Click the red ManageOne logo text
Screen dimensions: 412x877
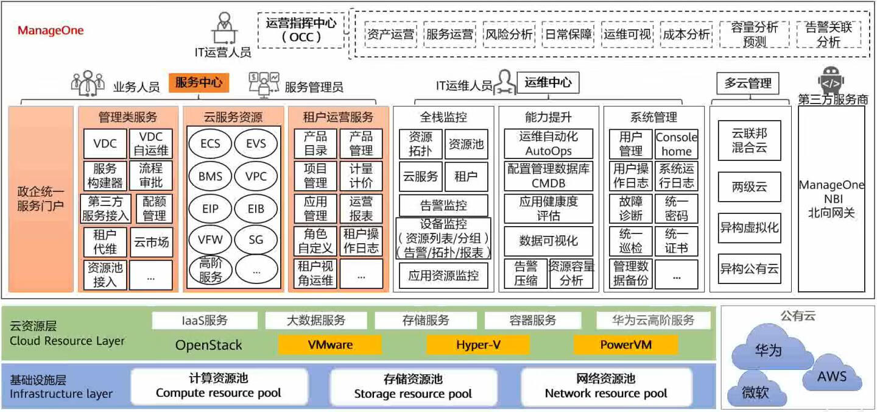point(51,30)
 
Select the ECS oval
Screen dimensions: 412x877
point(210,144)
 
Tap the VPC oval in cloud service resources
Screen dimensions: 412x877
point(256,177)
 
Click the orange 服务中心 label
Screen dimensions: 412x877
point(199,83)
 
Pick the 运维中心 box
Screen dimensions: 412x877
point(548,82)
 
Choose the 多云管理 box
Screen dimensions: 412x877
point(747,83)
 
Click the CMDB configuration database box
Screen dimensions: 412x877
point(548,176)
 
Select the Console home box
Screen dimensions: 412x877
point(676,144)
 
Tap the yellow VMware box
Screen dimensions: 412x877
point(330,345)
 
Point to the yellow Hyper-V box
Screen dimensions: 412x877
point(478,345)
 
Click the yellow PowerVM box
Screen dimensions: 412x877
point(625,345)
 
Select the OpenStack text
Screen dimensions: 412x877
point(208,345)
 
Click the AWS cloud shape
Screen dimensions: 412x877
point(832,375)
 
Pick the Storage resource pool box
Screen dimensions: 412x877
point(413,387)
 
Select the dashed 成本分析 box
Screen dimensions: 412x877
point(686,35)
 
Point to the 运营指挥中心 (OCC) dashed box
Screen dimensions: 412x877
point(301,30)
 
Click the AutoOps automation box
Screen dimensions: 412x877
point(548,143)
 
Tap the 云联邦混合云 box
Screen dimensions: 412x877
point(749,140)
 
